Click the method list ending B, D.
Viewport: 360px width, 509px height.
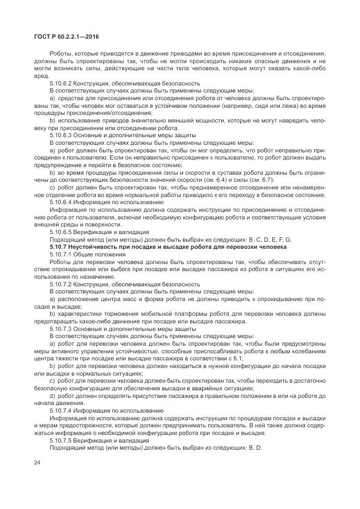pyautogui.click(x=255, y=448)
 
